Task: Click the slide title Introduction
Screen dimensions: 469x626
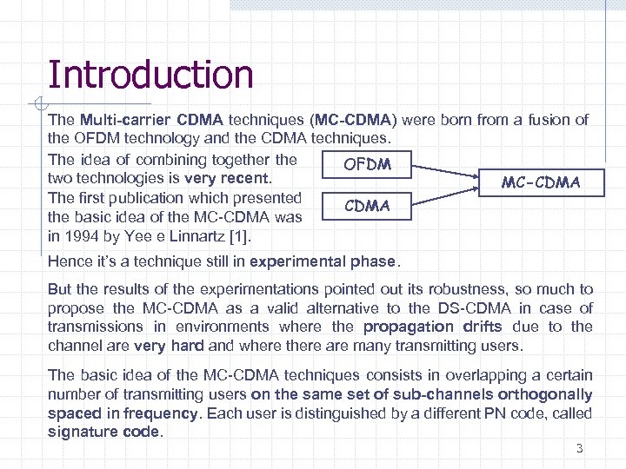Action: [150, 75]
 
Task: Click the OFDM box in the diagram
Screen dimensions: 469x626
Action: [367, 164]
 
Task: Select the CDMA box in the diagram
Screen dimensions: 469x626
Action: [367, 206]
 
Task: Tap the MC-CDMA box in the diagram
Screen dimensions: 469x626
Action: [540, 183]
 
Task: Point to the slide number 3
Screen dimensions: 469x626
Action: [579, 449]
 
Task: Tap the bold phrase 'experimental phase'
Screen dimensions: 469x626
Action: [323, 261]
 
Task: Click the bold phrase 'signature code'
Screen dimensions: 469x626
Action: [104, 432]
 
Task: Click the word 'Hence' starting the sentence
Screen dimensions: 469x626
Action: [69, 261]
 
